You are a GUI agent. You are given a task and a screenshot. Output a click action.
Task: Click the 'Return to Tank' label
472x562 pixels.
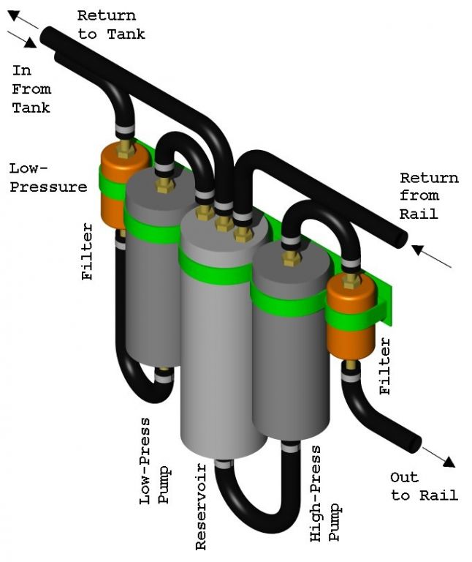pyautogui.click(x=111, y=24)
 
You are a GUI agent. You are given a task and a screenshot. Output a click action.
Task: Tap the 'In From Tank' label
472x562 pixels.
pyautogui.click(x=31, y=89)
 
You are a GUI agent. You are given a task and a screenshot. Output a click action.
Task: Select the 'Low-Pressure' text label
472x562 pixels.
pyautogui.click(x=47, y=178)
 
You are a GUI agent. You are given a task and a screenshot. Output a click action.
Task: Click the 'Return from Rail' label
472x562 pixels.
pyautogui.click(x=429, y=195)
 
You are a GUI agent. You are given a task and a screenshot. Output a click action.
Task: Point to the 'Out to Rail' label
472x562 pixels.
pyautogui.click(x=424, y=487)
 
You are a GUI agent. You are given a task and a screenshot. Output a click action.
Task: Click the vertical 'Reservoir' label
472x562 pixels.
pyautogui.click(x=202, y=506)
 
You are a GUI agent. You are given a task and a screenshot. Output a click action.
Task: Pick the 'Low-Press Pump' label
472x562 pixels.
pyautogui.click(x=154, y=461)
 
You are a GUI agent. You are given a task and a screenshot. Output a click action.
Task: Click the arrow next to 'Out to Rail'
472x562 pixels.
pyautogui.click(x=438, y=457)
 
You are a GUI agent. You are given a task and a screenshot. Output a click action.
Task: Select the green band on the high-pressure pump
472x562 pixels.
pyautogui.click(x=288, y=300)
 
